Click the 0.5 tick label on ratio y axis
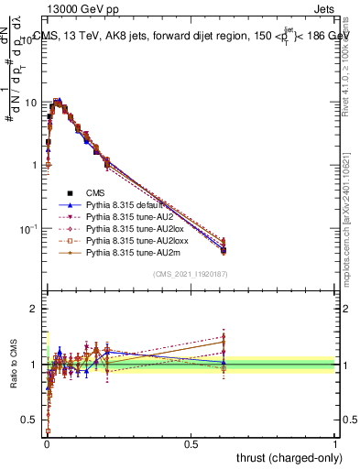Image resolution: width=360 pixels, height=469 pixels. pos(29,420)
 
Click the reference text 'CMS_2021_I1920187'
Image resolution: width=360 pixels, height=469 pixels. pos(191,274)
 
